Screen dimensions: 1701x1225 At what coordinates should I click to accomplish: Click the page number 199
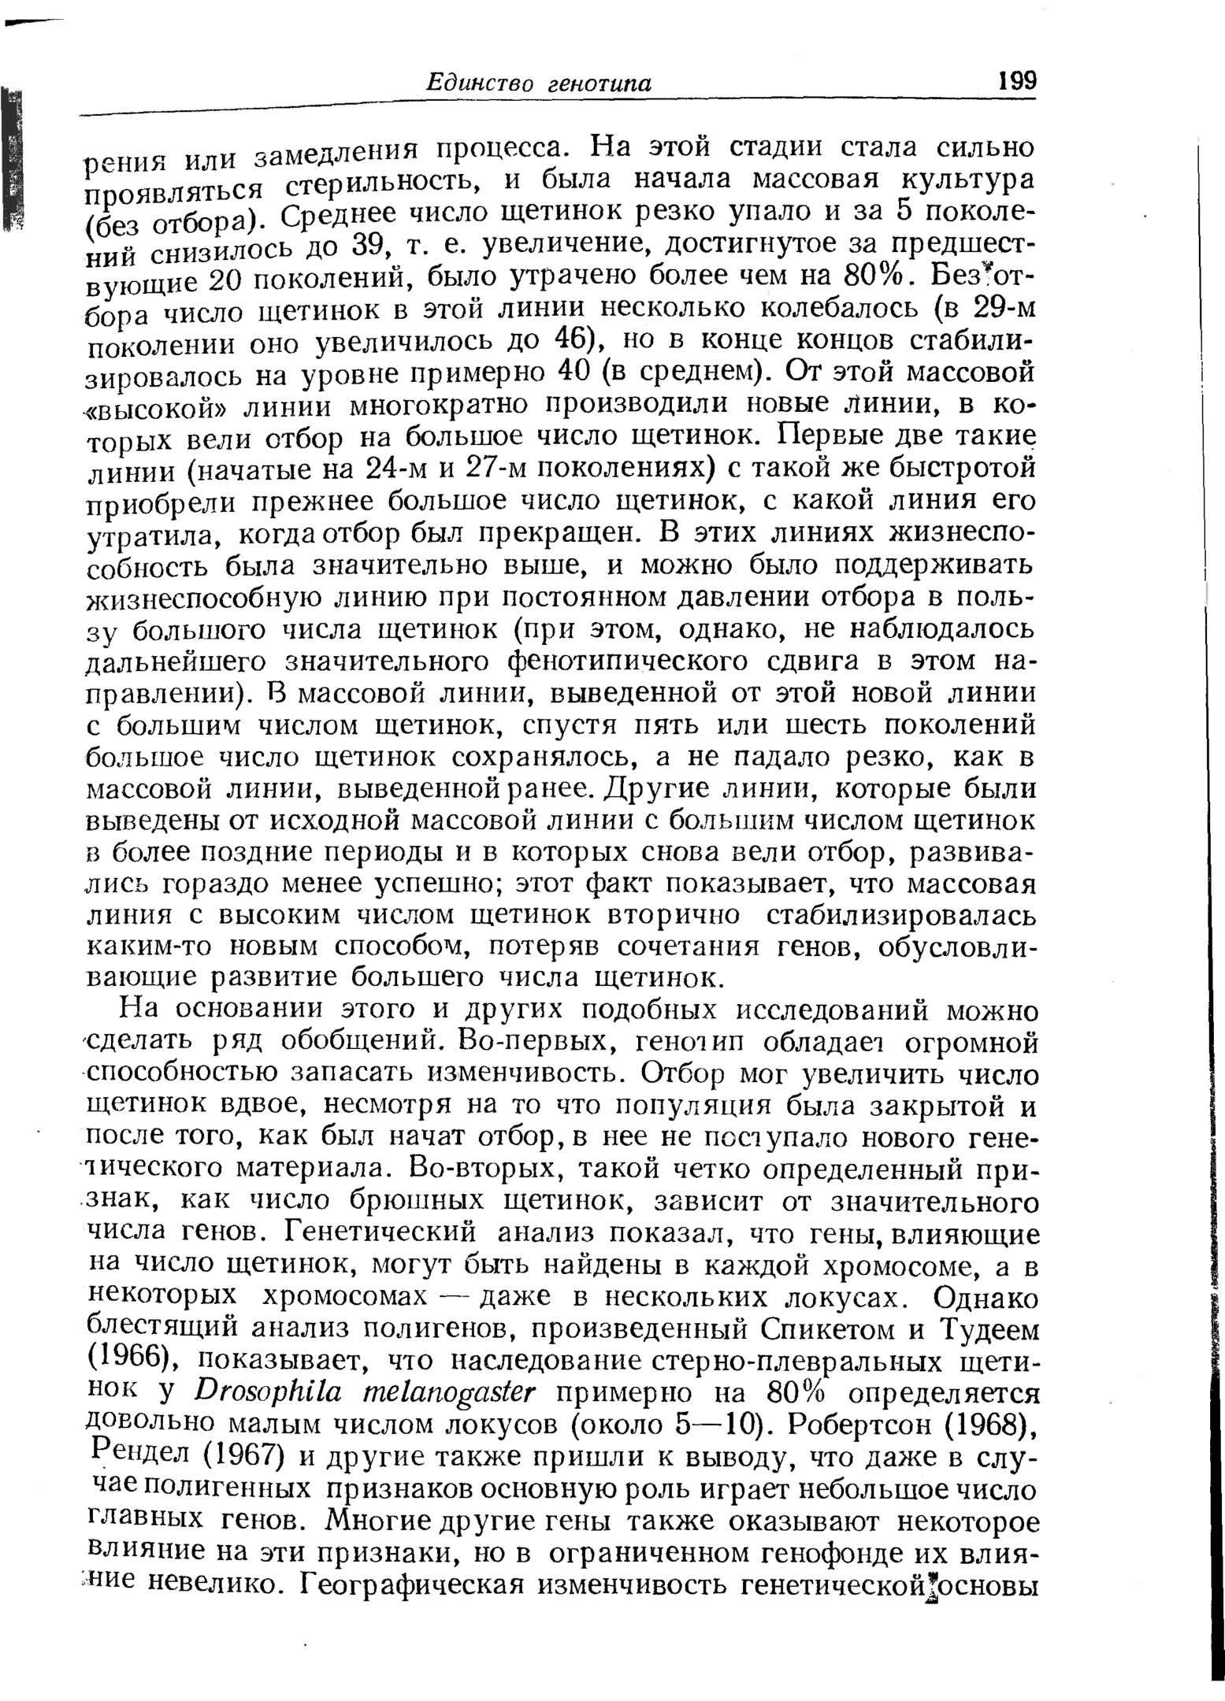pos(1016,81)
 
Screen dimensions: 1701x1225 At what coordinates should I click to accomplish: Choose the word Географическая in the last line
pos(413,1584)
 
